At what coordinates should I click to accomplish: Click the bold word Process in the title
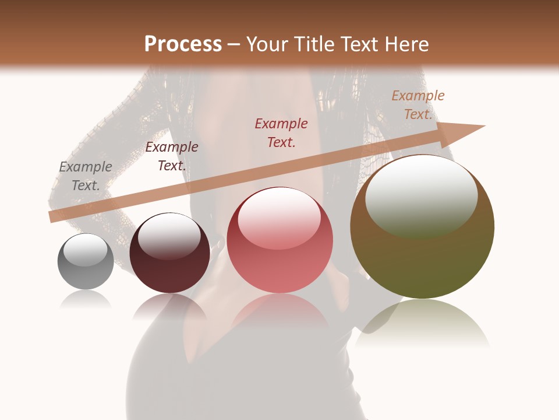click(183, 44)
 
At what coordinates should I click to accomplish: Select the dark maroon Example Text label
click(172, 156)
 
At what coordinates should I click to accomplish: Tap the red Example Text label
click(281, 132)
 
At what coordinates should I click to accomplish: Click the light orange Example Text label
click(418, 105)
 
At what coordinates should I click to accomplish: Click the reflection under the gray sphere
click(86, 300)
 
